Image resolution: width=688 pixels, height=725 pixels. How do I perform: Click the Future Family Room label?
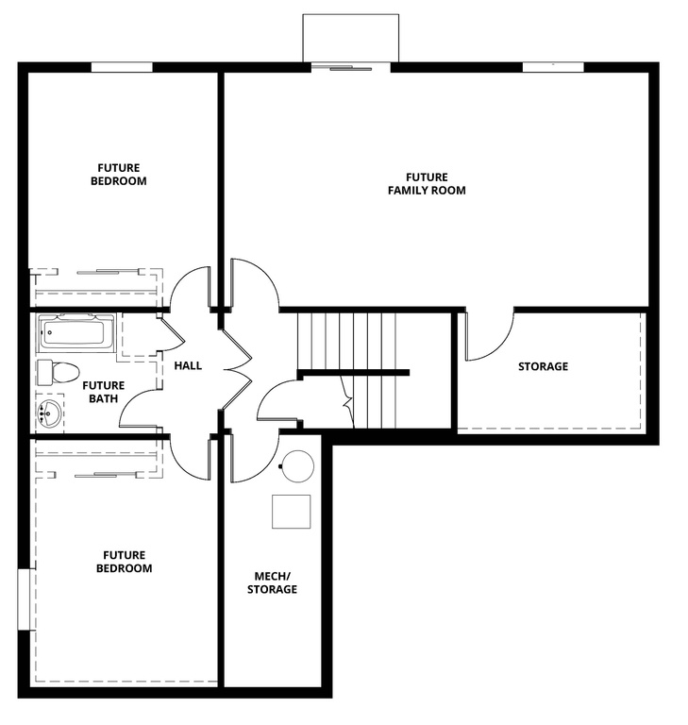pyautogui.click(x=427, y=183)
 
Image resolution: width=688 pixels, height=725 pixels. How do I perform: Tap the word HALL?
pyautogui.click(x=188, y=365)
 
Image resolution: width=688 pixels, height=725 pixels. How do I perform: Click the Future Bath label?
pyautogui.click(x=103, y=392)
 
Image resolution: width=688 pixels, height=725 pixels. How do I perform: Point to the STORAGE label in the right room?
pyautogui.click(x=543, y=366)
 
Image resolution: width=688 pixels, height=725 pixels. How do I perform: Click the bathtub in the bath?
pyautogui.click(x=76, y=332)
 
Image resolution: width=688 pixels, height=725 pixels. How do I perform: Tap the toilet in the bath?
pyautogui.click(x=59, y=371)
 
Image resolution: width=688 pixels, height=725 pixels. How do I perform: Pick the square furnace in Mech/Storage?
pyautogui.click(x=291, y=512)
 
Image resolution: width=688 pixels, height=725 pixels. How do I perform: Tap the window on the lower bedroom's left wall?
pyautogui.click(x=25, y=599)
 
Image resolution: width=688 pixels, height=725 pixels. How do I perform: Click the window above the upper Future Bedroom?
pyautogui.click(x=122, y=67)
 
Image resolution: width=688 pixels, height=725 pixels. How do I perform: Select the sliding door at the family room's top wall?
pyautogui.click(x=349, y=66)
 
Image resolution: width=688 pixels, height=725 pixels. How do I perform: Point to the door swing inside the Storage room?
pyautogui.click(x=489, y=335)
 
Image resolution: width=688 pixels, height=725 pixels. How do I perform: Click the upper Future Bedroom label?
pyautogui.click(x=118, y=175)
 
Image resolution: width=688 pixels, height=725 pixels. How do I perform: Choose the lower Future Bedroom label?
pyautogui.click(x=127, y=562)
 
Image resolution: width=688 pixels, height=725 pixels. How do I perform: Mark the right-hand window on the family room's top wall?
pyautogui.click(x=551, y=67)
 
